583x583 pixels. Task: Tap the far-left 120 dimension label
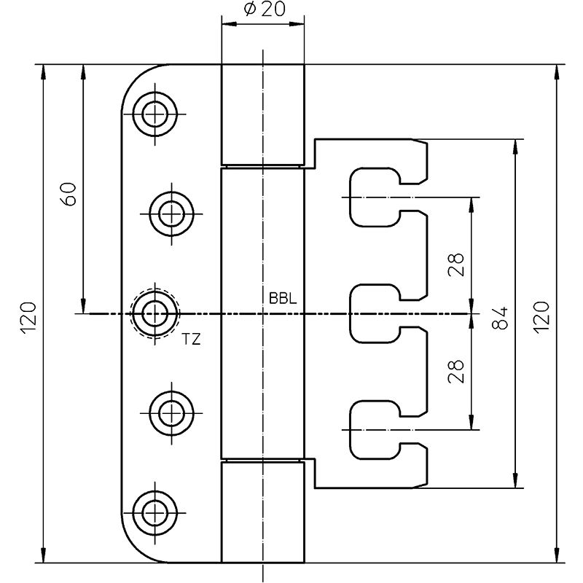tap(28, 317)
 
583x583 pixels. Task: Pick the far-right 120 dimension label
tap(541, 317)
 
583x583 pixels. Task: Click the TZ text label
tap(192, 339)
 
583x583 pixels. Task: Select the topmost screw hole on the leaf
tap(154, 114)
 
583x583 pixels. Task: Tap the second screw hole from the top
tap(172, 213)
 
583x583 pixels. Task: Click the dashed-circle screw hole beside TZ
tap(154, 314)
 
